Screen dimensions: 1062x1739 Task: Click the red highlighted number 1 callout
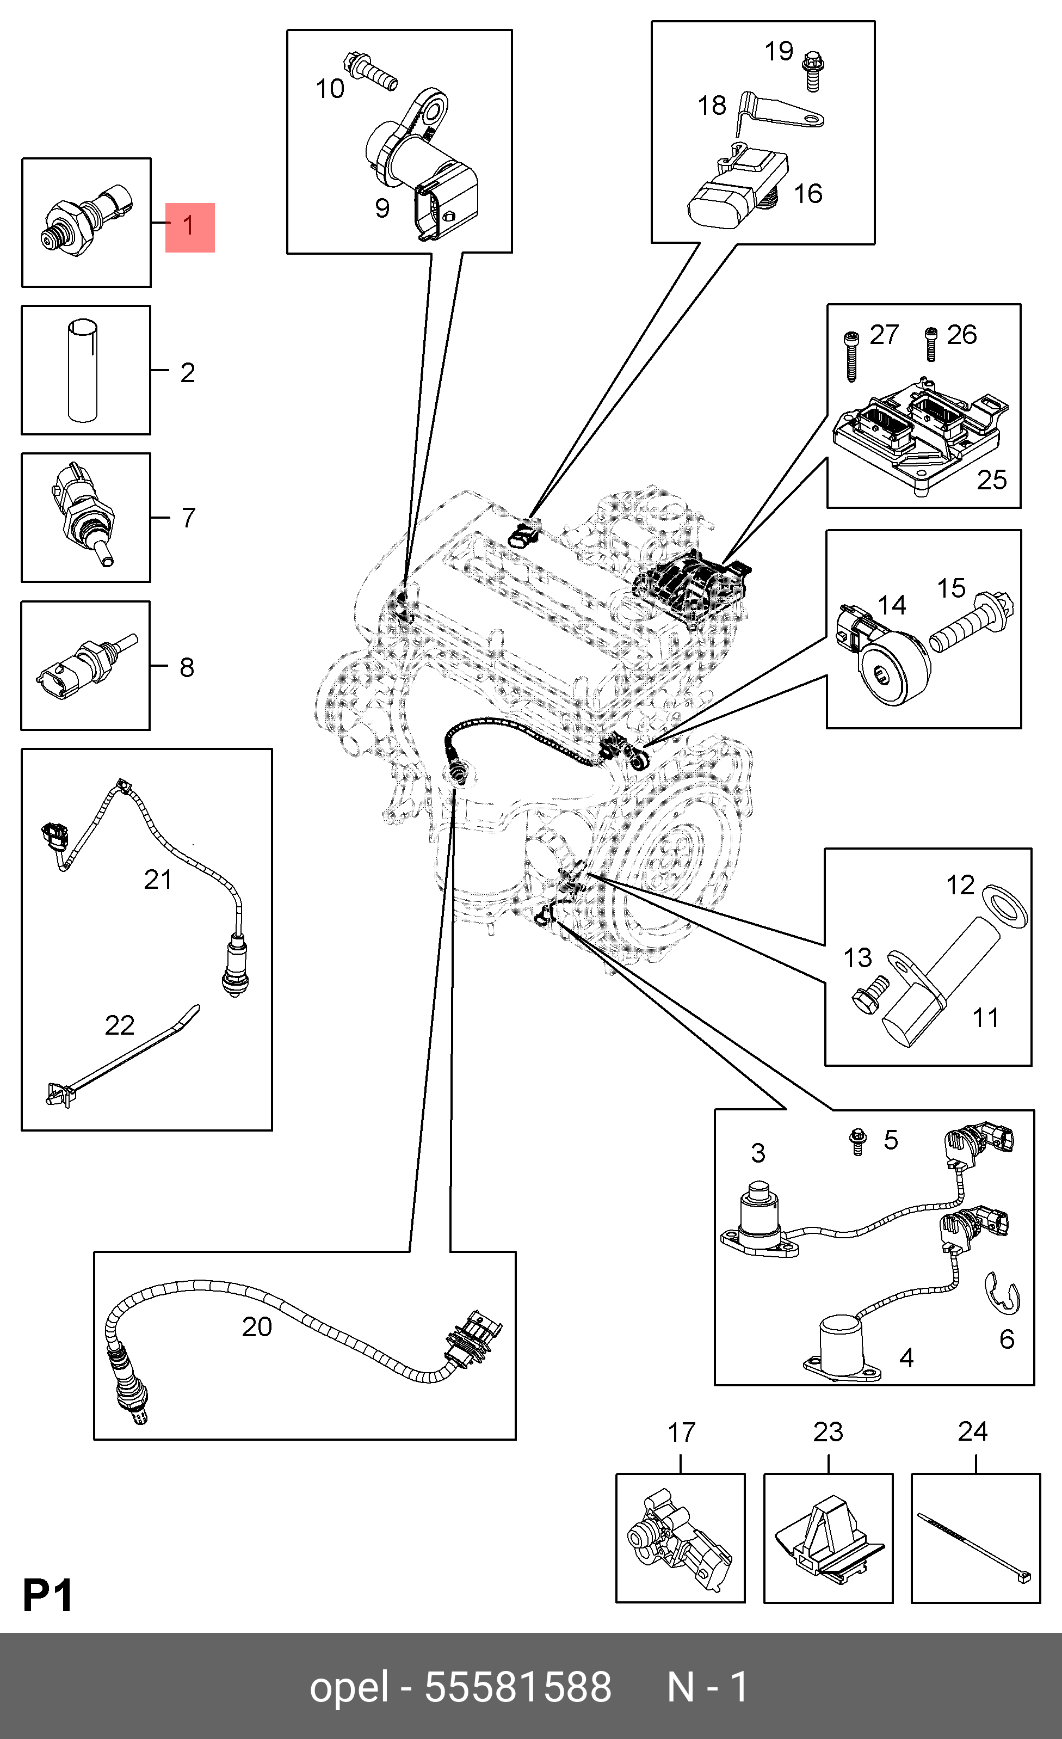click(189, 228)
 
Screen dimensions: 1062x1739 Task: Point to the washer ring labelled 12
click(1004, 902)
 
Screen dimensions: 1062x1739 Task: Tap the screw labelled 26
click(931, 345)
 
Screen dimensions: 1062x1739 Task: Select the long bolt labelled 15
click(972, 621)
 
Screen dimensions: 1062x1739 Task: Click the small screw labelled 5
click(857, 1141)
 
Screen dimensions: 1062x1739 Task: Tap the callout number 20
click(257, 1327)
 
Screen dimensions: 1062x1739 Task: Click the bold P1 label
click(48, 1595)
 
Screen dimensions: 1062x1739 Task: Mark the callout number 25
click(991, 480)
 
